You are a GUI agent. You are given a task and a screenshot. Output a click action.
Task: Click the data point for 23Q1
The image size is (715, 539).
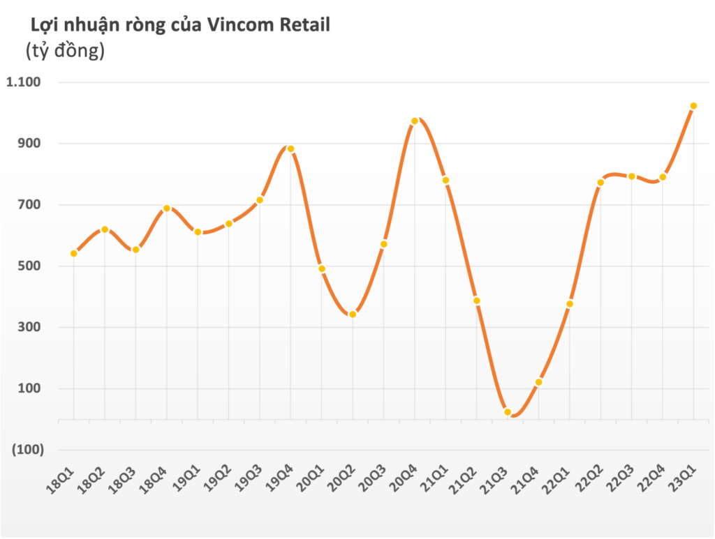[x=693, y=106]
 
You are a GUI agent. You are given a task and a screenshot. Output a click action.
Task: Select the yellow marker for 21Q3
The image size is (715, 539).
[x=508, y=412]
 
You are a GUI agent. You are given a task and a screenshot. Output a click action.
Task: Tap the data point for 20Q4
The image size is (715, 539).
[x=415, y=121]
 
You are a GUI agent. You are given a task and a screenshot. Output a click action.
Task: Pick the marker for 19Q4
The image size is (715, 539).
[x=290, y=149]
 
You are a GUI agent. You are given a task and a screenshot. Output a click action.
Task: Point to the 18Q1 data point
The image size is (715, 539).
[x=73, y=253]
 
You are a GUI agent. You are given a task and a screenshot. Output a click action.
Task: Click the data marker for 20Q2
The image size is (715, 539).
[x=353, y=314]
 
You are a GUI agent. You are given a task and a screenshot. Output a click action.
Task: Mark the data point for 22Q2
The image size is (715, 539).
[x=600, y=183]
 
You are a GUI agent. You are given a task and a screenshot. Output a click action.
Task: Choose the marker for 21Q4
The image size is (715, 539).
[x=538, y=382]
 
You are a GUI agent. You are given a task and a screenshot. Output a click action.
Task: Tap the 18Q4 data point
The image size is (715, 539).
[x=167, y=208]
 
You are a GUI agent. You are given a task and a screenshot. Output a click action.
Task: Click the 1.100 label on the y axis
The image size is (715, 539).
[x=24, y=82]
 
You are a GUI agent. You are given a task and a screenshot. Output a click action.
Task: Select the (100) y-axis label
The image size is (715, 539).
[x=27, y=450]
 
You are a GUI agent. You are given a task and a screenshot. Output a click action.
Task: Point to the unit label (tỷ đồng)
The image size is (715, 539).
[x=65, y=51]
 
